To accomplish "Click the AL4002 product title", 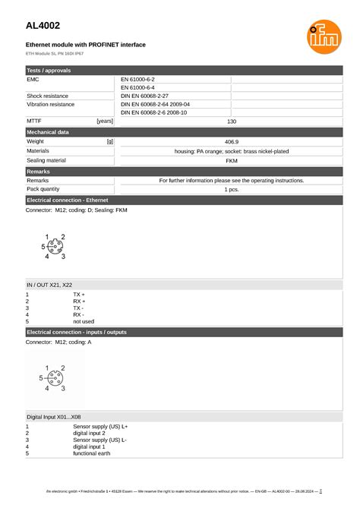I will tap(43, 26).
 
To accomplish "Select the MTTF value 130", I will tap(232, 121).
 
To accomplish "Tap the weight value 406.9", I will tap(232, 141).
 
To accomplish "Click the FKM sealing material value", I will tap(232, 161).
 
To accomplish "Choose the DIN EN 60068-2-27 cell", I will tap(144, 96).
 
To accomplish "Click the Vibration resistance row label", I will tap(51, 105).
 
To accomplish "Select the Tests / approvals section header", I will tap(49, 70).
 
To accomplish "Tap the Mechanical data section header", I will tap(48, 132).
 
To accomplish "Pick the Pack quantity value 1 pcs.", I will tap(232, 190).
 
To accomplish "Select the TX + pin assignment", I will tap(79, 294).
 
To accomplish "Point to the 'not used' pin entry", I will tap(84, 321).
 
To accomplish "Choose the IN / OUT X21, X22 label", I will tap(49, 284).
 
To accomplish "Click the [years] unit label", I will tap(105, 121).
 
